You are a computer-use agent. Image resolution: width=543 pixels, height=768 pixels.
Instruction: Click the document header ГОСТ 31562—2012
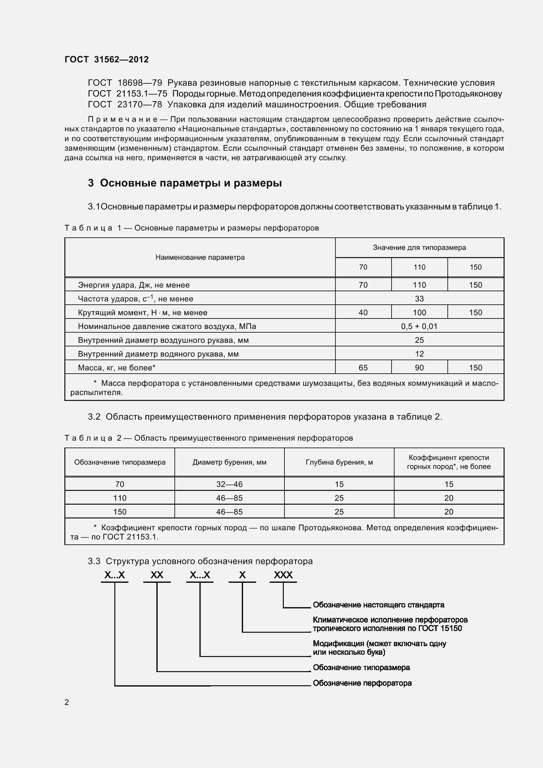coord(106,59)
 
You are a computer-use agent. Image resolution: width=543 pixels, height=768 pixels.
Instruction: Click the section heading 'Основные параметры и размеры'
coord(191,183)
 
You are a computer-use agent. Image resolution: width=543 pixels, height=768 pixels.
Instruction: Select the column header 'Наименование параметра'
coord(200,257)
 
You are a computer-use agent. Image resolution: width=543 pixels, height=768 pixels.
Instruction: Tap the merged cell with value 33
coord(419,299)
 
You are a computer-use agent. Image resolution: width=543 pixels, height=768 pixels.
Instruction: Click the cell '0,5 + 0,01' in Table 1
coord(419,326)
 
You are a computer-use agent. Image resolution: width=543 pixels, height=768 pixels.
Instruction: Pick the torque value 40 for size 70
coord(363,312)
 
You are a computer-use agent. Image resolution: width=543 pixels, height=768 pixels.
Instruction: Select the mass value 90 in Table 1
coord(419,368)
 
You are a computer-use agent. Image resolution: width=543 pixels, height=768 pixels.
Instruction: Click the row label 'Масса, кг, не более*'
coord(117,368)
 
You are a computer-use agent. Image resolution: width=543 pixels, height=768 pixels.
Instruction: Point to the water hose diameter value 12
coord(419,354)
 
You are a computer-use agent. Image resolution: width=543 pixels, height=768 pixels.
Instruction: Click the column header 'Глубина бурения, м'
coord(339,462)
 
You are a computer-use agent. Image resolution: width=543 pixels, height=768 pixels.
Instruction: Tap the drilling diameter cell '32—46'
coord(229,484)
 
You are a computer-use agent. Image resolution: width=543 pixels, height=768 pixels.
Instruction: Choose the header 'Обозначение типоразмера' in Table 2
coord(120,462)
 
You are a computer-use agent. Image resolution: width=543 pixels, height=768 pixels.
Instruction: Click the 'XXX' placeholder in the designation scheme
coord(283,575)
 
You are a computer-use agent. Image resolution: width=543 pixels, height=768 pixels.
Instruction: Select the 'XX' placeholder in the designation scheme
coord(157,575)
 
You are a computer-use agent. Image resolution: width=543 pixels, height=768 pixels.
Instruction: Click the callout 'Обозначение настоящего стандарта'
coord(378,605)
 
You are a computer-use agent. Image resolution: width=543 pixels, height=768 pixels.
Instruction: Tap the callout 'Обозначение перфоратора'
coord(362,683)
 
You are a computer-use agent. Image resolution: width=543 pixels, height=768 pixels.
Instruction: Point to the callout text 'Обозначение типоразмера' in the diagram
coord(361,667)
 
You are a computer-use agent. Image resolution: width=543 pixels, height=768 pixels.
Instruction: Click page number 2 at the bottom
coord(67,702)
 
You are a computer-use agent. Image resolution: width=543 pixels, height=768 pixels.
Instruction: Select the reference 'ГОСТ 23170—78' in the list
coord(125,105)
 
